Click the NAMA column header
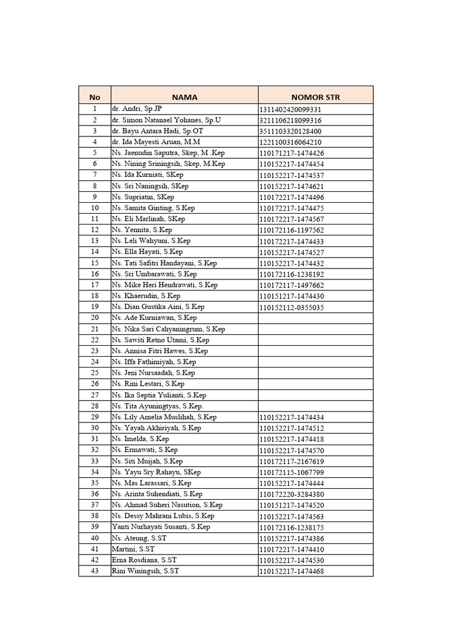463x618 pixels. (x=184, y=97)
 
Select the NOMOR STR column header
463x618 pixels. (x=315, y=97)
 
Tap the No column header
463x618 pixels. (x=95, y=97)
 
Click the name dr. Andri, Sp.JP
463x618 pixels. (x=137, y=109)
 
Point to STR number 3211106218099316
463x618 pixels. (x=291, y=121)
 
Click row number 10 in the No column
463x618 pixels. (x=95, y=208)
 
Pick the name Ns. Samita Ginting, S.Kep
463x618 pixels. (x=153, y=208)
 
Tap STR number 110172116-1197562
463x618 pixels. (x=292, y=231)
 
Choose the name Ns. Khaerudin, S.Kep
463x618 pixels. (x=146, y=296)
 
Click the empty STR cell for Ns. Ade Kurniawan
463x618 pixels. (x=315, y=318)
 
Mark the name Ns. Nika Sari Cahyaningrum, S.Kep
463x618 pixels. (x=168, y=329)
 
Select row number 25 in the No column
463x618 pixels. (x=95, y=373)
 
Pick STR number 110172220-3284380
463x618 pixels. (x=292, y=494)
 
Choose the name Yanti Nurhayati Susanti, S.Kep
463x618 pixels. (x=161, y=527)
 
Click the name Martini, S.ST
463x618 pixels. (x=133, y=549)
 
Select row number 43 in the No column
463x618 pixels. (x=95, y=571)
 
